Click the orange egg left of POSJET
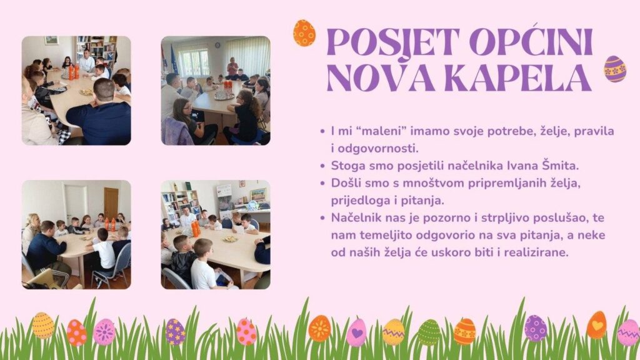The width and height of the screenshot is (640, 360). pyautogui.click(x=304, y=32)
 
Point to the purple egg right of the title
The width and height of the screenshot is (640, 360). pyautogui.click(x=615, y=69)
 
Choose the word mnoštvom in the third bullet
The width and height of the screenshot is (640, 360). pyautogui.click(x=434, y=183)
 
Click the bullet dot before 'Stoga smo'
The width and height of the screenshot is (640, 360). pyautogui.click(x=322, y=166)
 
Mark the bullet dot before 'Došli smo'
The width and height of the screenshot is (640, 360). pyautogui.click(x=322, y=183)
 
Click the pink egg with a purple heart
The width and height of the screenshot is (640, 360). pyautogui.click(x=357, y=332)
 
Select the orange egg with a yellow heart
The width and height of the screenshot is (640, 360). pyautogui.click(x=597, y=325)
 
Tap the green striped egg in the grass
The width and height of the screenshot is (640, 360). pyautogui.click(x=429, y=332)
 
